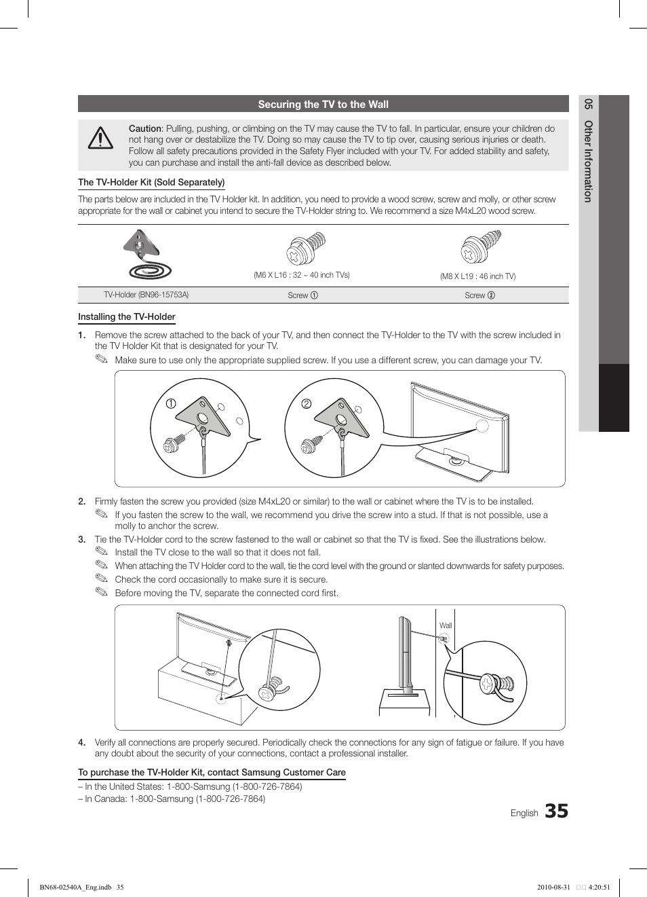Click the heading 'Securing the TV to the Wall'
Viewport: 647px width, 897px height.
click(323, 105)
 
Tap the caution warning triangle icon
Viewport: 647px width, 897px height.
click(100, 139)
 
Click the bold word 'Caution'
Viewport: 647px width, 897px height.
click(145, 128)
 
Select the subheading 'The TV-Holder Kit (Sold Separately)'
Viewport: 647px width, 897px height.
click(151, 182)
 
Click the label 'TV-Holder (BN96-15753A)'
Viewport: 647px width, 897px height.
click(146, 295)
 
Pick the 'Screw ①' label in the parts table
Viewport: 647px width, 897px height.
click(302, 295)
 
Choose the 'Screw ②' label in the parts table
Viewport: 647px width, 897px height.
click(479, 295)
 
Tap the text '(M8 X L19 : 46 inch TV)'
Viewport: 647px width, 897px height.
click(477, 276)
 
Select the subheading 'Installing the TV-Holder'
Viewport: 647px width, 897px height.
click(127, 316)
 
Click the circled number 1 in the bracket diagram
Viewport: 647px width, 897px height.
click(171, 403)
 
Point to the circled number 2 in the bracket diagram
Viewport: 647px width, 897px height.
click(307, 403)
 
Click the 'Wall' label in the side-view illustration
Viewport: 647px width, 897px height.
click(446, 625)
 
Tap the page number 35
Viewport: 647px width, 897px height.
click(556, 811)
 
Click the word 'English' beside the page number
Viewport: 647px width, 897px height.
click(524, 813)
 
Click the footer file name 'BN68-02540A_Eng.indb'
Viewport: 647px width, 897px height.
click(75, 887)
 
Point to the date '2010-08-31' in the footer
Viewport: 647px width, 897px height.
click(553, 887)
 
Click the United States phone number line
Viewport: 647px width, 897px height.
click(190, 786)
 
